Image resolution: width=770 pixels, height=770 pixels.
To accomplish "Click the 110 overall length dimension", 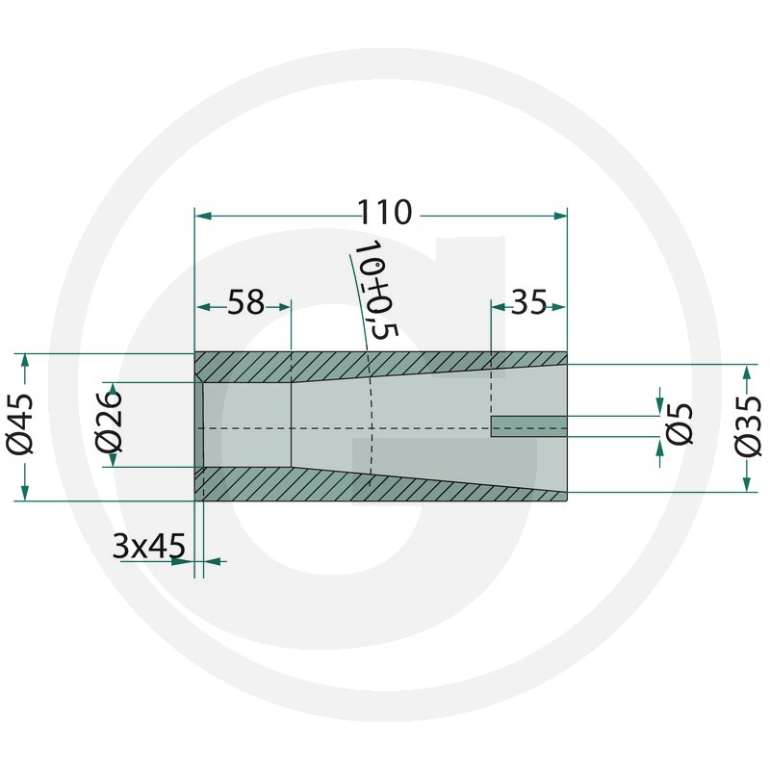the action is [x=384, y=212].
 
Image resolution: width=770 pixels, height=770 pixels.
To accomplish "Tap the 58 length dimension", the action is [x=245, y=302].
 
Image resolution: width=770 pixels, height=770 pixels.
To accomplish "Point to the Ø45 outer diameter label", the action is [x=20, y=423].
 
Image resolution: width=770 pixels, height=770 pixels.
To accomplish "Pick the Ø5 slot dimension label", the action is [x=678, y=423].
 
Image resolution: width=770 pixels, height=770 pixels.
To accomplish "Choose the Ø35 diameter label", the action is [x=748, y=426].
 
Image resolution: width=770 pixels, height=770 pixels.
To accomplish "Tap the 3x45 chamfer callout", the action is [x=149, y=545].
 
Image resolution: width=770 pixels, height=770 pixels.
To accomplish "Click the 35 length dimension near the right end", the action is [x=528, y=302].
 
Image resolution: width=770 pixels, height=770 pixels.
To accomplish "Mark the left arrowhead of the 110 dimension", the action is [x=203, y=216].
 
